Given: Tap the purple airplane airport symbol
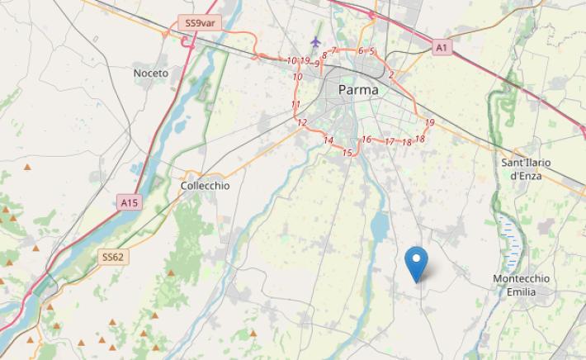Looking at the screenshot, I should pyautogui.click(x=315, y=41).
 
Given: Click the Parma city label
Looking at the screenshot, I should pyautogui.click(x=359, y=89).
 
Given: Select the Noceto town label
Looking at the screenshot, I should pyautogui.click(x=150, y=73).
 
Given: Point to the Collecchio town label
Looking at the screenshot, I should pyautogui.click(x=205, y=187).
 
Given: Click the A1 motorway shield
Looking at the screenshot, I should pyautogui.click(x=442, y=49).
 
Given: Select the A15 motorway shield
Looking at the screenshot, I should pyautogui.click(x=128, y=201).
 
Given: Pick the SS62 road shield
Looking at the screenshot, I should pyautogui.click(x=113, y=258).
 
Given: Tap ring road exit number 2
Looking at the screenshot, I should pyautogui.click(x=390, y=75).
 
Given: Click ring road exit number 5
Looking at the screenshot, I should pyautogui.click(x=372, y=51).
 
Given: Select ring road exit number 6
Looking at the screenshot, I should pyautogui.click(x=361, y=51).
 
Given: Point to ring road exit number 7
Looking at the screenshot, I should pyautogui.click(x=333, y=51).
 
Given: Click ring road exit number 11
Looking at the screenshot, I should pyautogui.click(x=295, y=105).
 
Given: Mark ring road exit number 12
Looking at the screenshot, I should pyautogui.click(x=302, y=123).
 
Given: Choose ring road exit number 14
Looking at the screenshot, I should pyautogui.click(x=328, y=141).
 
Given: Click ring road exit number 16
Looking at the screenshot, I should pyautogui.click(x=366, y=140).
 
